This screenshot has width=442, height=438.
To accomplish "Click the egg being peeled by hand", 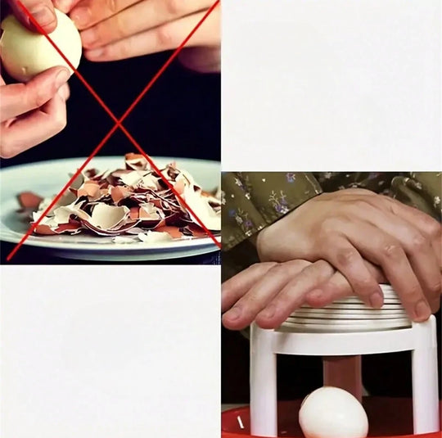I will point(37,46).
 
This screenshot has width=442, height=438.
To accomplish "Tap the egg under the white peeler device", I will point(332,414).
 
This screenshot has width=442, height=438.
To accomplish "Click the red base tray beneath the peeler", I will point(237,422).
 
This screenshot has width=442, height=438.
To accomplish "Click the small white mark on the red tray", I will point(240,422).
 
